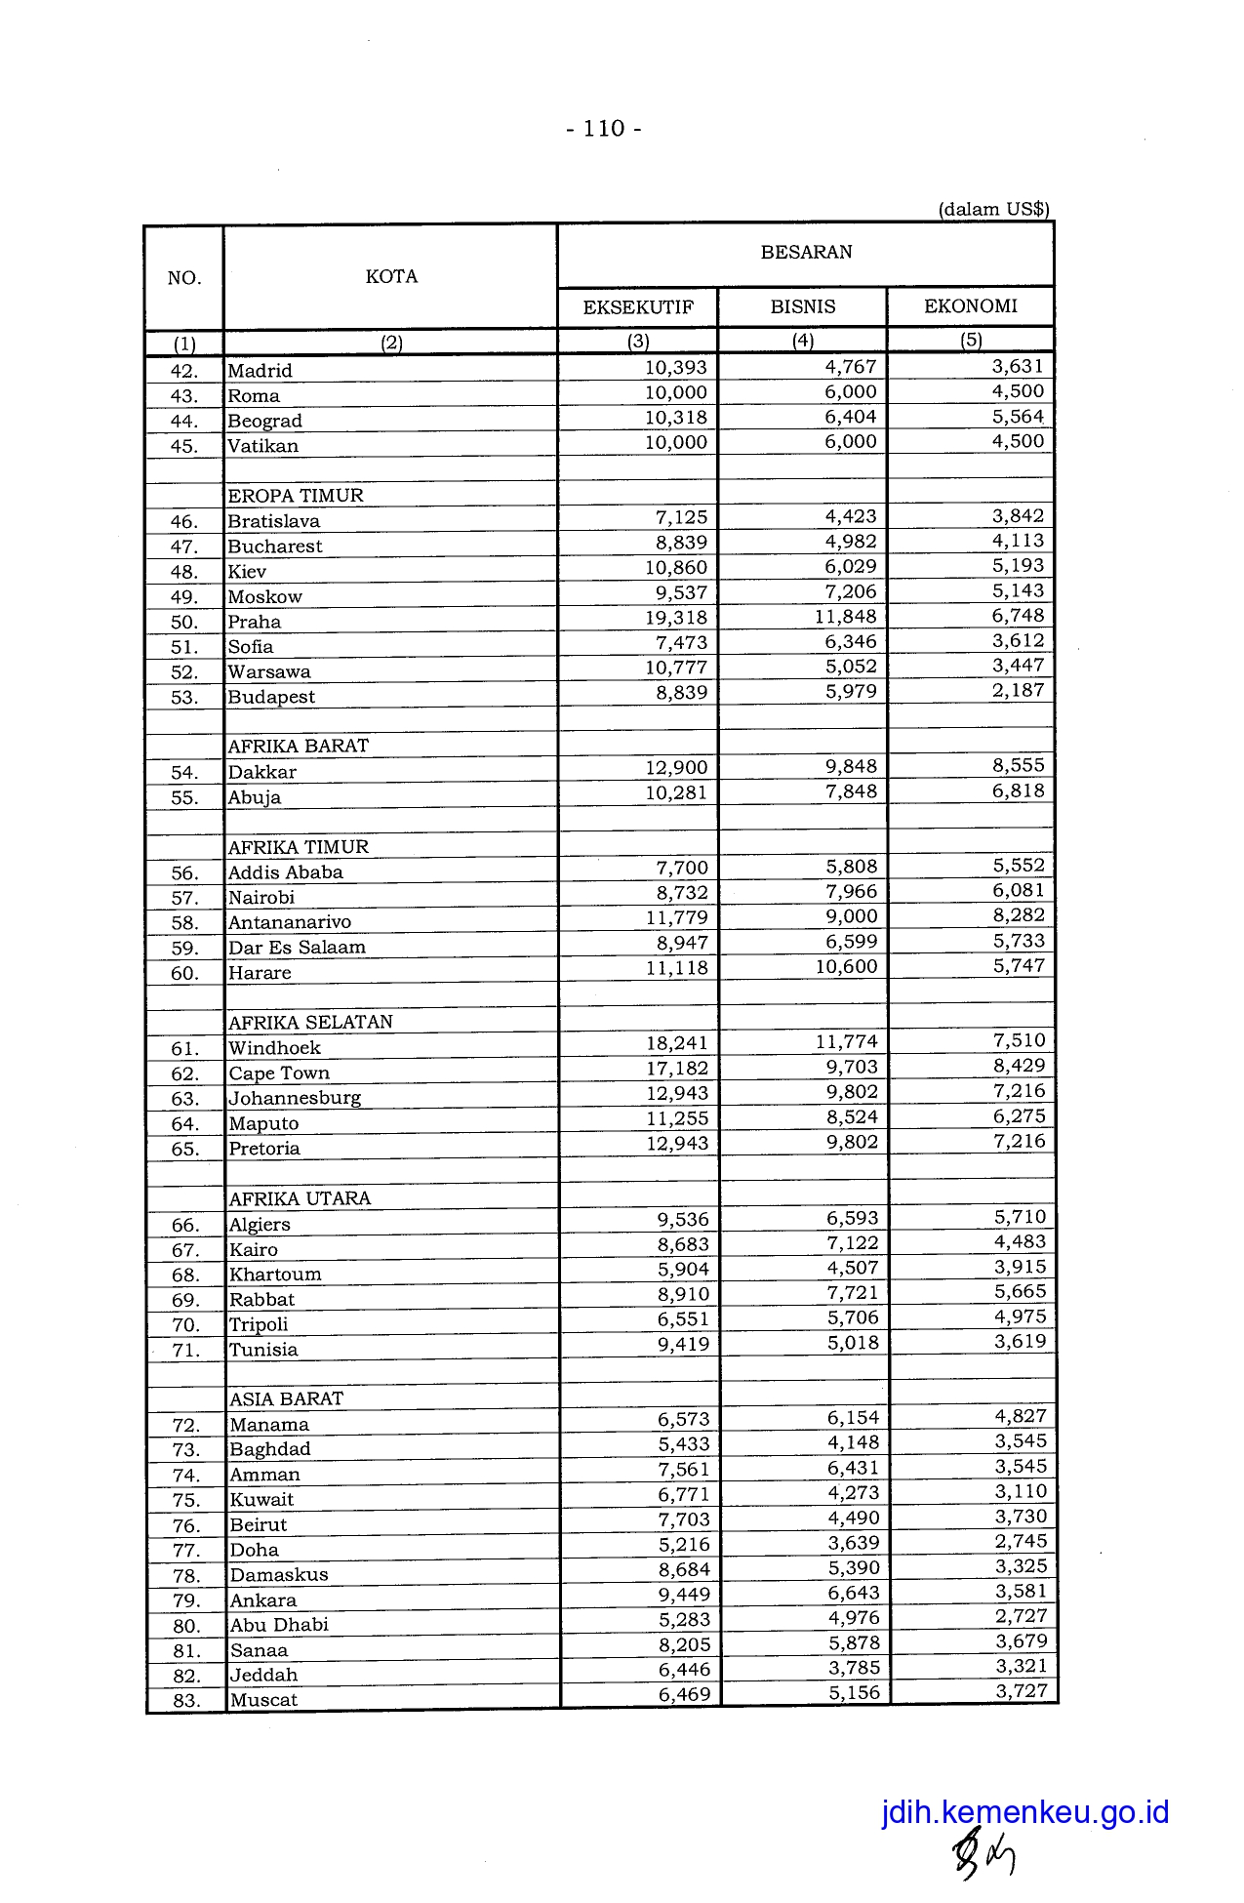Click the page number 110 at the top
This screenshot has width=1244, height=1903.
[x=604, y=129]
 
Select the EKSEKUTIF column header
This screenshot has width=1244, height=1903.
[x=638, y=307]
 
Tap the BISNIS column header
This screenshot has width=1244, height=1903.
[x=803, y=306]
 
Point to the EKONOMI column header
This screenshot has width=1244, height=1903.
[x=971, y=306]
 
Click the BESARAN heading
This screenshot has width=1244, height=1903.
[x=806, y=252]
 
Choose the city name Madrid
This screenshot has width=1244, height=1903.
[x=260, y=371]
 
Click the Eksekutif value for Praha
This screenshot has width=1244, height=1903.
[x=676, y=618]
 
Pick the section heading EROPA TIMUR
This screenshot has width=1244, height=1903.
[x=296, y=496]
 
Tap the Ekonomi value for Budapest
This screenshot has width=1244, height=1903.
[x=1019, y=691]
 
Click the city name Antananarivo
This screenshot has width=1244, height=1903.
[x=290, y=922]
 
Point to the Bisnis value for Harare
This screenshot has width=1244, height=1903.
[x=847, y=967]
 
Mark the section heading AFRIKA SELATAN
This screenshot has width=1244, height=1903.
[x=310, y=1023]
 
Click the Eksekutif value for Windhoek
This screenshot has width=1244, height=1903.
[x=677, y=1043]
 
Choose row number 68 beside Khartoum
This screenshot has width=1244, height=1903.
[x=185, y=1275]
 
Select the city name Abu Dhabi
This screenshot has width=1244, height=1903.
[x=279, y=1625]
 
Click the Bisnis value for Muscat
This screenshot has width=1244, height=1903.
[x=855, y=1693]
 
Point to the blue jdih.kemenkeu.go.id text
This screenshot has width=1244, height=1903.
[x=1024, y=1812]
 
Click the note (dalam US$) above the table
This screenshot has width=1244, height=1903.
[x=993, y=209]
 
